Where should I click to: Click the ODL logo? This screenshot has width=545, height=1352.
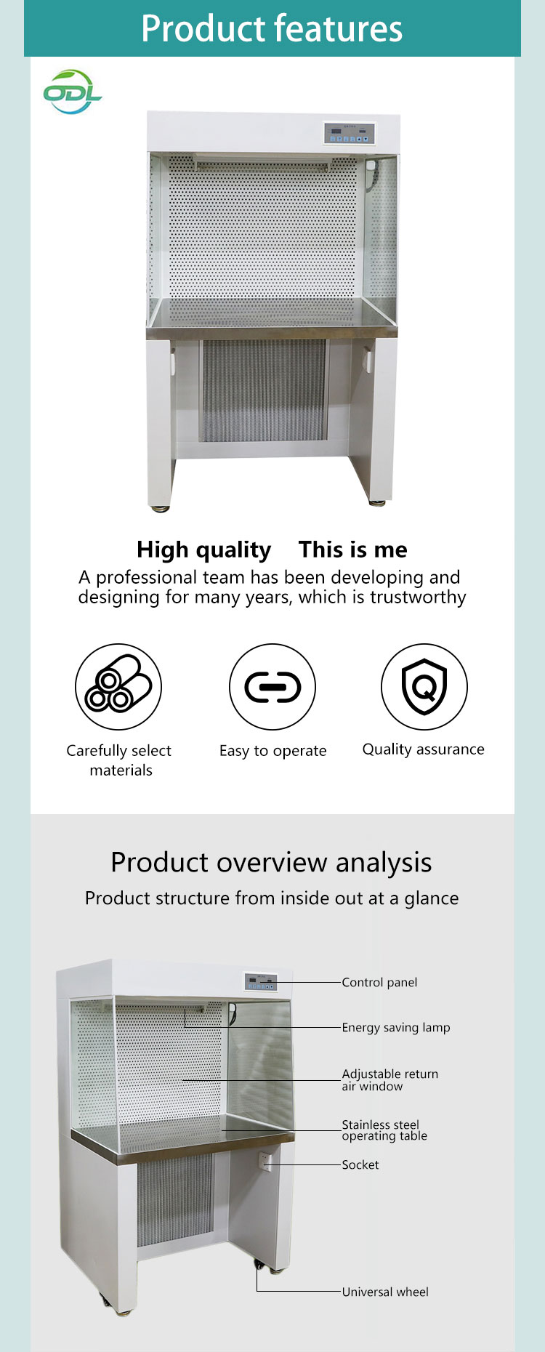point(72,92)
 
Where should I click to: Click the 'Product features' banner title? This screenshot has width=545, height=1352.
point(272,28)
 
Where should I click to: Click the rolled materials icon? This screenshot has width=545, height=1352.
point(118,687)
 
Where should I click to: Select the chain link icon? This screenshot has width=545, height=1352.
point(272,687)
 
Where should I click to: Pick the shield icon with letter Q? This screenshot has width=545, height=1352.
point(424,687)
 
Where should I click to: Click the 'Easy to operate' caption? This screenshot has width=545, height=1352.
point(273,751)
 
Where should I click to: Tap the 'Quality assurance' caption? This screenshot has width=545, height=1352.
point(424,749)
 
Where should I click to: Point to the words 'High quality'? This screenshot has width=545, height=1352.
point(203,550)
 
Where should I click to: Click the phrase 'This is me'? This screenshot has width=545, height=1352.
point(353,550)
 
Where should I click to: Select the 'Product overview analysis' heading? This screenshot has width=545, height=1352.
point(271,863)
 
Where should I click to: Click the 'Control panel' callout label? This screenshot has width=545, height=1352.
point(379,982)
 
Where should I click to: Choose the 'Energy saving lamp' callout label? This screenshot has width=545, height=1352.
point(396,1027)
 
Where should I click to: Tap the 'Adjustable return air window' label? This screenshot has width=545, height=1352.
point(390,1080)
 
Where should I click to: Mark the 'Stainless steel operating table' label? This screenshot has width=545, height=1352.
point(384,1130)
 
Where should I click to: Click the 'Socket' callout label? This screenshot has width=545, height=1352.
point(360,1164)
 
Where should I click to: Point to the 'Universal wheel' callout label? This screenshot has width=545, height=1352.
point(385,1292)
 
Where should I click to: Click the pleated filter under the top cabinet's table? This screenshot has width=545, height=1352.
point(263,390)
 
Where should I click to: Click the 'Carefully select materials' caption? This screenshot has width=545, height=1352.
point(119,760)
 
